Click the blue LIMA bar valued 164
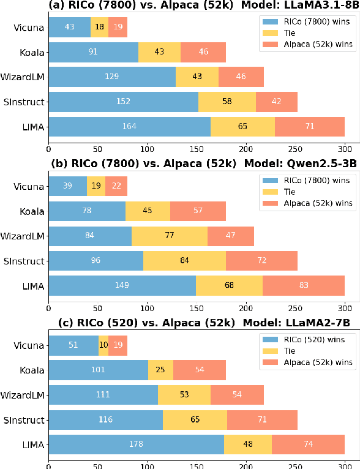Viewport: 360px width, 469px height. (x=129, y=127)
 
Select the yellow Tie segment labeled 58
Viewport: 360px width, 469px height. (x=227, y=102)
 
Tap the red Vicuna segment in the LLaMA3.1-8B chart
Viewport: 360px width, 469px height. (x=118, y=28)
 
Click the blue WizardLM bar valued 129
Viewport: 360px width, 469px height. (x=112, y=77)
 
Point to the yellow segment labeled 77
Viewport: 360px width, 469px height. (x=170, y=236)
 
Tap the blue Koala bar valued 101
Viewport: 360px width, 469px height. (x=98, y=370)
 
